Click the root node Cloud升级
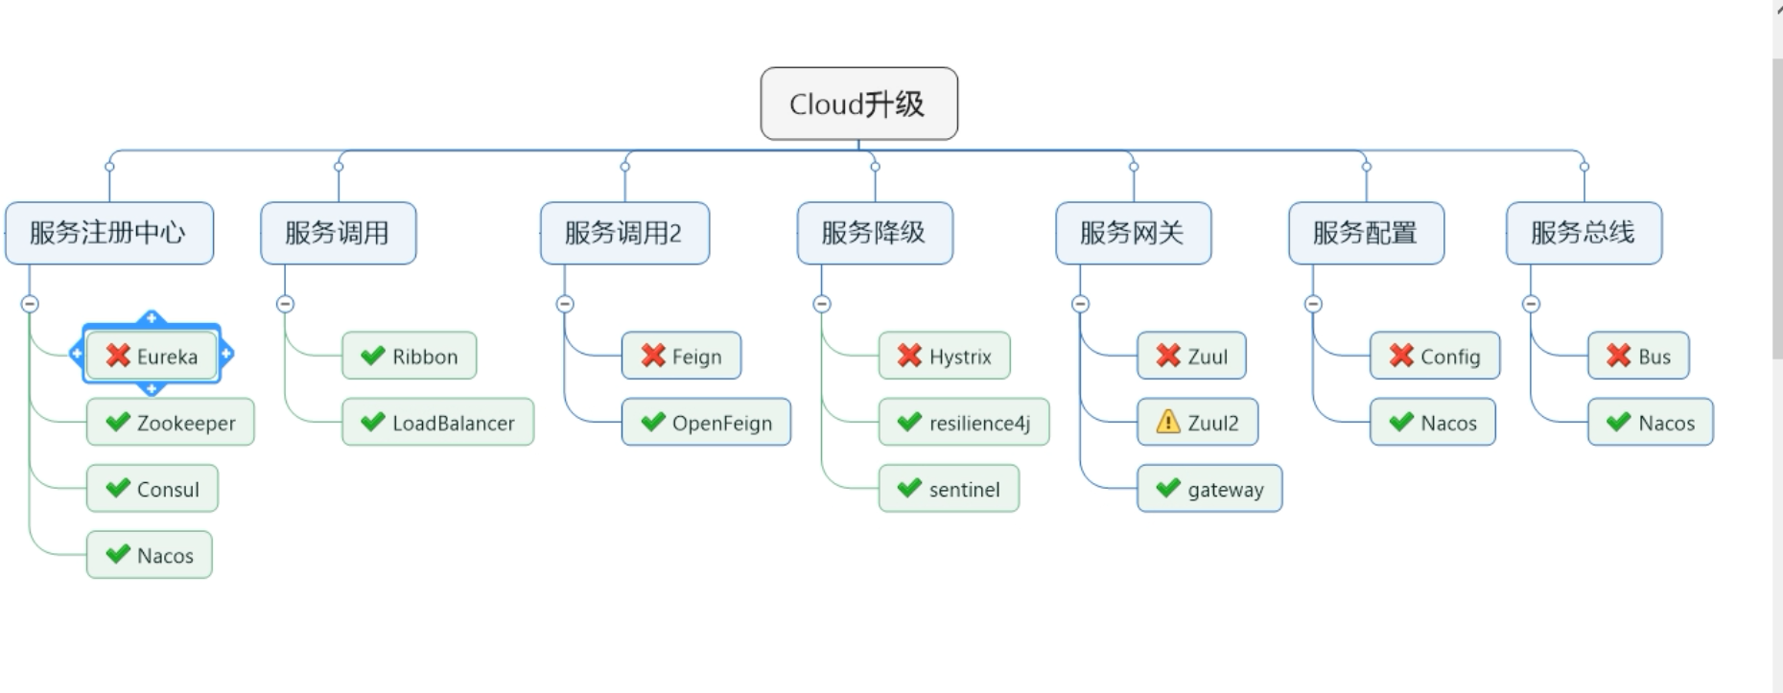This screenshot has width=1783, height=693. point(858,104)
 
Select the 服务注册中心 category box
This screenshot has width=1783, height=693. point(108,233)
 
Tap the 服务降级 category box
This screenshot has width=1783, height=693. point(874,233)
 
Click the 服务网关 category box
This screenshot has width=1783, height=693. point(1132,233)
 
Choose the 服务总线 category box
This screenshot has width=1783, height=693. point(1583,233)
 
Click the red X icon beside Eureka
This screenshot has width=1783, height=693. point(118,356)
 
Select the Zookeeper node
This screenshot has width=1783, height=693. point(171,423)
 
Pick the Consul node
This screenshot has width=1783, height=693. point(152,489)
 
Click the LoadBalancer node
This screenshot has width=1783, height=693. point(438,423)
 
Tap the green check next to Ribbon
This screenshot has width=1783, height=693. point(373,356)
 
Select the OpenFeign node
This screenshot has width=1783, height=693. point(706,423)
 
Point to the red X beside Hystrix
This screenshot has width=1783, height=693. point(909,356)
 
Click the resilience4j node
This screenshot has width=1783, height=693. point(964,423)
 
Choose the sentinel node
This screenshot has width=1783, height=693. point(949,489)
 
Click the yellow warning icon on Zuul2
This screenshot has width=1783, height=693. point(1168,422)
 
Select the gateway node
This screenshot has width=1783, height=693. point(1209,489)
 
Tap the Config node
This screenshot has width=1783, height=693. point(1435,356)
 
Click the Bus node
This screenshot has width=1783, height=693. point(1638,356)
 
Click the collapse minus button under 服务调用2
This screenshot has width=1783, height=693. point(565,304)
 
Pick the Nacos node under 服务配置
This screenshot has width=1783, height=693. point(1433,423)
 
